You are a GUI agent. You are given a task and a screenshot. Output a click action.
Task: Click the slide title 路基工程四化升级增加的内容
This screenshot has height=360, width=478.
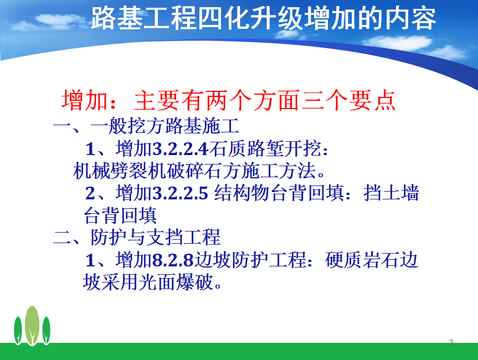[264, 18]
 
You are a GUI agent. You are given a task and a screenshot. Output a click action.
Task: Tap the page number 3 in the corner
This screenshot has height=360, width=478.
[451, 342]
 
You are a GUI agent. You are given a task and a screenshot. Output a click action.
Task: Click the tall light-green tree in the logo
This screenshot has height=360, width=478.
[32, 326]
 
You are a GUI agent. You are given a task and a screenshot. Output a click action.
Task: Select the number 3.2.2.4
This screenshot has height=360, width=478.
[180, 149]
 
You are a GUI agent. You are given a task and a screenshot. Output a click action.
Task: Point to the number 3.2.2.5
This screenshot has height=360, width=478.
[180, 193]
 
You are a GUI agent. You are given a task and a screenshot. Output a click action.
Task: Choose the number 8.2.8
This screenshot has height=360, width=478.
[173, 260]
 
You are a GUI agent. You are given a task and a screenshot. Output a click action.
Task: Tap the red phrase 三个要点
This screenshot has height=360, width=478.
[348, 100]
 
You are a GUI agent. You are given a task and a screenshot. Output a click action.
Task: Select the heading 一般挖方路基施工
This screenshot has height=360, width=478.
[165, 126]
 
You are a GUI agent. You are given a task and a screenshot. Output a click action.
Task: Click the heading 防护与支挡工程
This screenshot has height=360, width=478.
[156, 237]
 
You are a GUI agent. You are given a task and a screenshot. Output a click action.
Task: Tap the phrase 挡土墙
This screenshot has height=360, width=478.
[392, 193]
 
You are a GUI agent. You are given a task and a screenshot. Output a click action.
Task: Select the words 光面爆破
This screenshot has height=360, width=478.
[176, 282]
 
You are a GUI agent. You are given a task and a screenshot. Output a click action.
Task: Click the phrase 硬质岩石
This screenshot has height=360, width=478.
[362, 260]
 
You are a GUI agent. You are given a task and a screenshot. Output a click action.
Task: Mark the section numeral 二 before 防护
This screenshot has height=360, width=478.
[62, 237]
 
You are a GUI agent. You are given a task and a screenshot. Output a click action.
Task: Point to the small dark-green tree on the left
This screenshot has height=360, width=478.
[18, 331]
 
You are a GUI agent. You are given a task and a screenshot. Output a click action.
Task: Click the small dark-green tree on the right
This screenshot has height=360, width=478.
[47, 331]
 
